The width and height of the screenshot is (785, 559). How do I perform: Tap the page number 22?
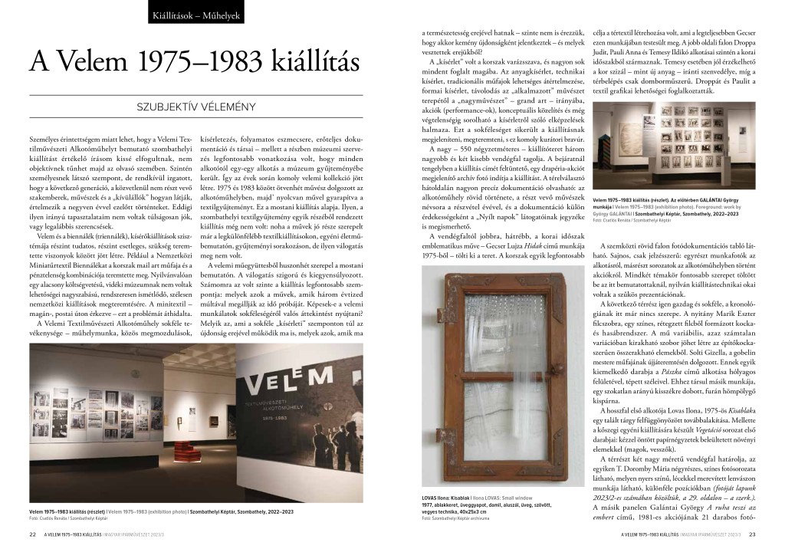[33, 534]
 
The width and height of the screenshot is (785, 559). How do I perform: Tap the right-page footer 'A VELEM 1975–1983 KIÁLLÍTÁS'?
[652, 534]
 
